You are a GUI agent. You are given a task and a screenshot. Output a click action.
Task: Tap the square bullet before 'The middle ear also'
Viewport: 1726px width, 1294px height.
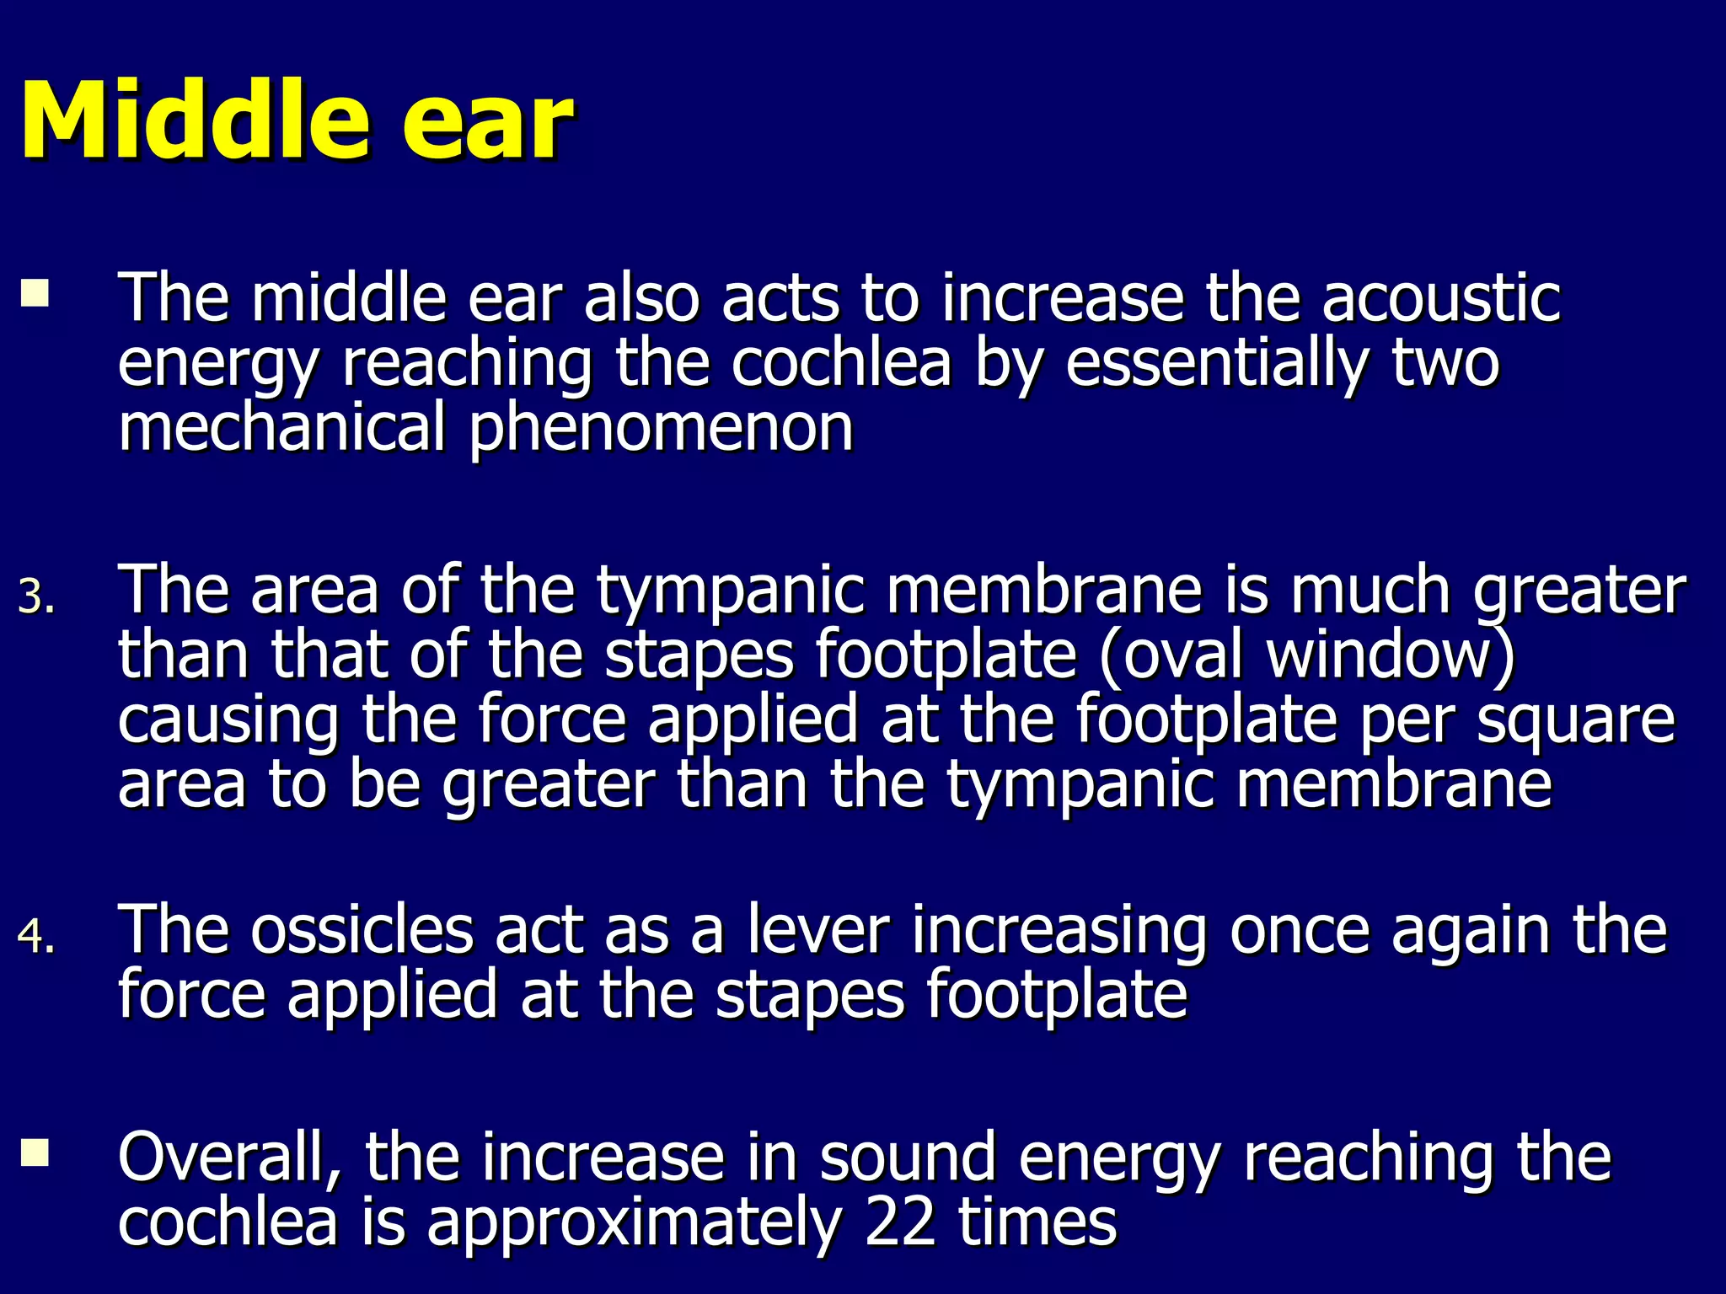pyautogui.click(x=35, y=293)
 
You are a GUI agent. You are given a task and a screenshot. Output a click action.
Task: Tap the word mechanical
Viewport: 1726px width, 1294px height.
pyautogui.click(x=281, y=428)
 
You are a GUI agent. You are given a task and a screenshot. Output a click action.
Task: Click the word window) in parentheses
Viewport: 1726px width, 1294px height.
pyautogui.click(x=1390, y=655)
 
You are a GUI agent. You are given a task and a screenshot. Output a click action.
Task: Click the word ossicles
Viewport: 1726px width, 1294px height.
pyautogui.click(x=362, y=930)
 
